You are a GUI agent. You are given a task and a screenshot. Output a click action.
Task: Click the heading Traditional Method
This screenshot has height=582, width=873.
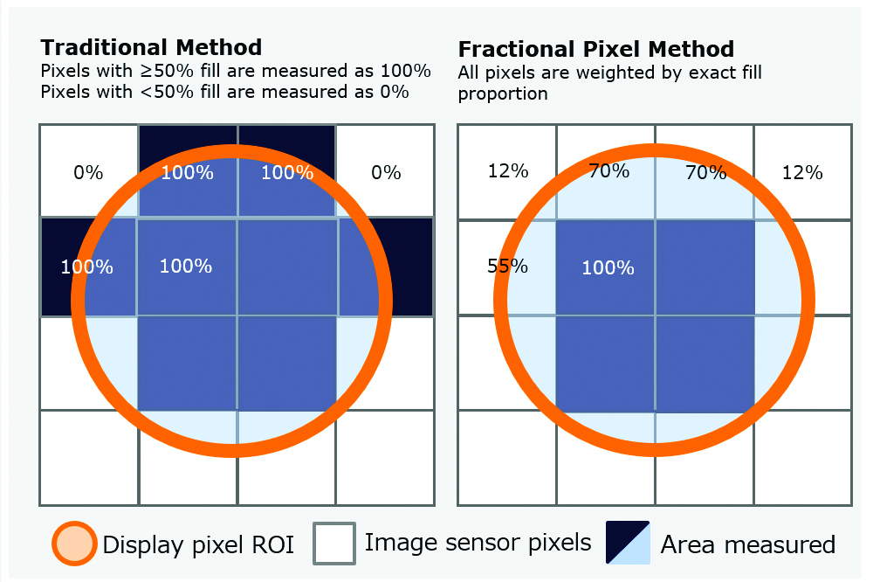click(x=151, y=47)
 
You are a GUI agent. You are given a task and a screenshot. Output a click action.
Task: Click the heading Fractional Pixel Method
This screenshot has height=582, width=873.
click(x=595, y=49)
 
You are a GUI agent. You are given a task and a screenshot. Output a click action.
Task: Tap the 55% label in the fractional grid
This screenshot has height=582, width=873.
click(x=507, y=266)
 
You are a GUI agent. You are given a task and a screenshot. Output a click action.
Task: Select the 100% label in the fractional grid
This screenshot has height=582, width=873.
click(x=608, y=267)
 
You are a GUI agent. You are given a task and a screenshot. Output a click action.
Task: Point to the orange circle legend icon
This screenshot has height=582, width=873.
click(x=74, y=544)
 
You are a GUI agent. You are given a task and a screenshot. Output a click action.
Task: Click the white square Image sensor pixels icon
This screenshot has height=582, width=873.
click(x=334, y=543)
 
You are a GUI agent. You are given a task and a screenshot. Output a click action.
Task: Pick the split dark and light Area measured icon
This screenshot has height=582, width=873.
click(x=628, y=543)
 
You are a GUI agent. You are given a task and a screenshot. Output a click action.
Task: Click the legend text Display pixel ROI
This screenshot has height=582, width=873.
click(x=198, y=544)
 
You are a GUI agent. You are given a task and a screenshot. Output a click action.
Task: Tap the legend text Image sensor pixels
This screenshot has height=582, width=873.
click(x=478, y=543)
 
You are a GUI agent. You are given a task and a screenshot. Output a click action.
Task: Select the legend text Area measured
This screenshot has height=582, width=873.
click(x=748, y=544)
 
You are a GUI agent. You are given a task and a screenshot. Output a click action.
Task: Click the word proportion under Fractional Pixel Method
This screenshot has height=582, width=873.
click(x=503, y=94)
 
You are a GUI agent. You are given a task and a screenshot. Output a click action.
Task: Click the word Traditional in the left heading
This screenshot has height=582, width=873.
click(x=104, y=47)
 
